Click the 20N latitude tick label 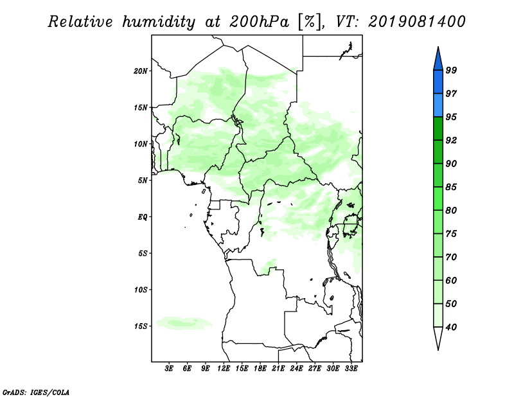(141, 71)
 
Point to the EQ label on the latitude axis (142, 217)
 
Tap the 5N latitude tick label (143, 181)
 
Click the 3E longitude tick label (169, 369)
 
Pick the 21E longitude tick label (278, 369)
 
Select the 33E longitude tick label (351, 369)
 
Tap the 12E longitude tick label (224, 369)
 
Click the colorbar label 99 (451, 70)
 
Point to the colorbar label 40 (451, 327)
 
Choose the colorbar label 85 (451, 187)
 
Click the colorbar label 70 (451, 257)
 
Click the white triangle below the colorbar (438, 337)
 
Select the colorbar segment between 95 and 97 (438, 105)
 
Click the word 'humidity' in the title (159, 22)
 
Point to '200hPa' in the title (260, 22)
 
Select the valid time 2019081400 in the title (416, 22)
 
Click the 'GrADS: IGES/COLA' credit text (36, 393)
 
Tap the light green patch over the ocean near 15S (184, 323)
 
